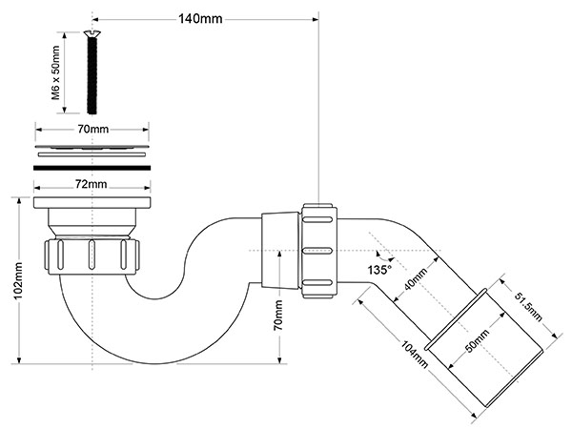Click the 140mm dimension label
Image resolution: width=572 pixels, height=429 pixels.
tap(200, 19)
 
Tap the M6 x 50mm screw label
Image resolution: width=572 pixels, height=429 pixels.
tap(55, 72)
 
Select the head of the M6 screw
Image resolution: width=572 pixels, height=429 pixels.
tap(92, 34)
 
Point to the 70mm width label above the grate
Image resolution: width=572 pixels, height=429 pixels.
tap(92, 129)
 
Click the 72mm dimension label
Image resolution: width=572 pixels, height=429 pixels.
tap(92, 184)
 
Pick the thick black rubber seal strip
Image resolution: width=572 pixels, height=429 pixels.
tap(92, 168)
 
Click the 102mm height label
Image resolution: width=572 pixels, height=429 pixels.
tap(18, 280)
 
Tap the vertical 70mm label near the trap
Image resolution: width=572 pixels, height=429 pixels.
tap(278, 316)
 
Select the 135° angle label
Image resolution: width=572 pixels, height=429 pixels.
tap(379, 270)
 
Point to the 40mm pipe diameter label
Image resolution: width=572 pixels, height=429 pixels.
tap(416, 279)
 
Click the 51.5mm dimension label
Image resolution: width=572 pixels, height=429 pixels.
tap(528, 307)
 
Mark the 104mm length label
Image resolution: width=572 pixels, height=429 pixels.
tap(414, 355)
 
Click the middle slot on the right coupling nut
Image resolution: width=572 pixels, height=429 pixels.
tap(317, 251)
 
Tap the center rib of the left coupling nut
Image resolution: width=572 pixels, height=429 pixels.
tap(92, 255)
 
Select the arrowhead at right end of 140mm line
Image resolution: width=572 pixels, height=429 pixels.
tap(316, 19)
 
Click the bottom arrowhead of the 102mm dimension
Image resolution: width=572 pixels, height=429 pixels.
tap(19, 360)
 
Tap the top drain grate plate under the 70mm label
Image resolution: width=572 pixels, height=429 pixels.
tap(92, 147)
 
